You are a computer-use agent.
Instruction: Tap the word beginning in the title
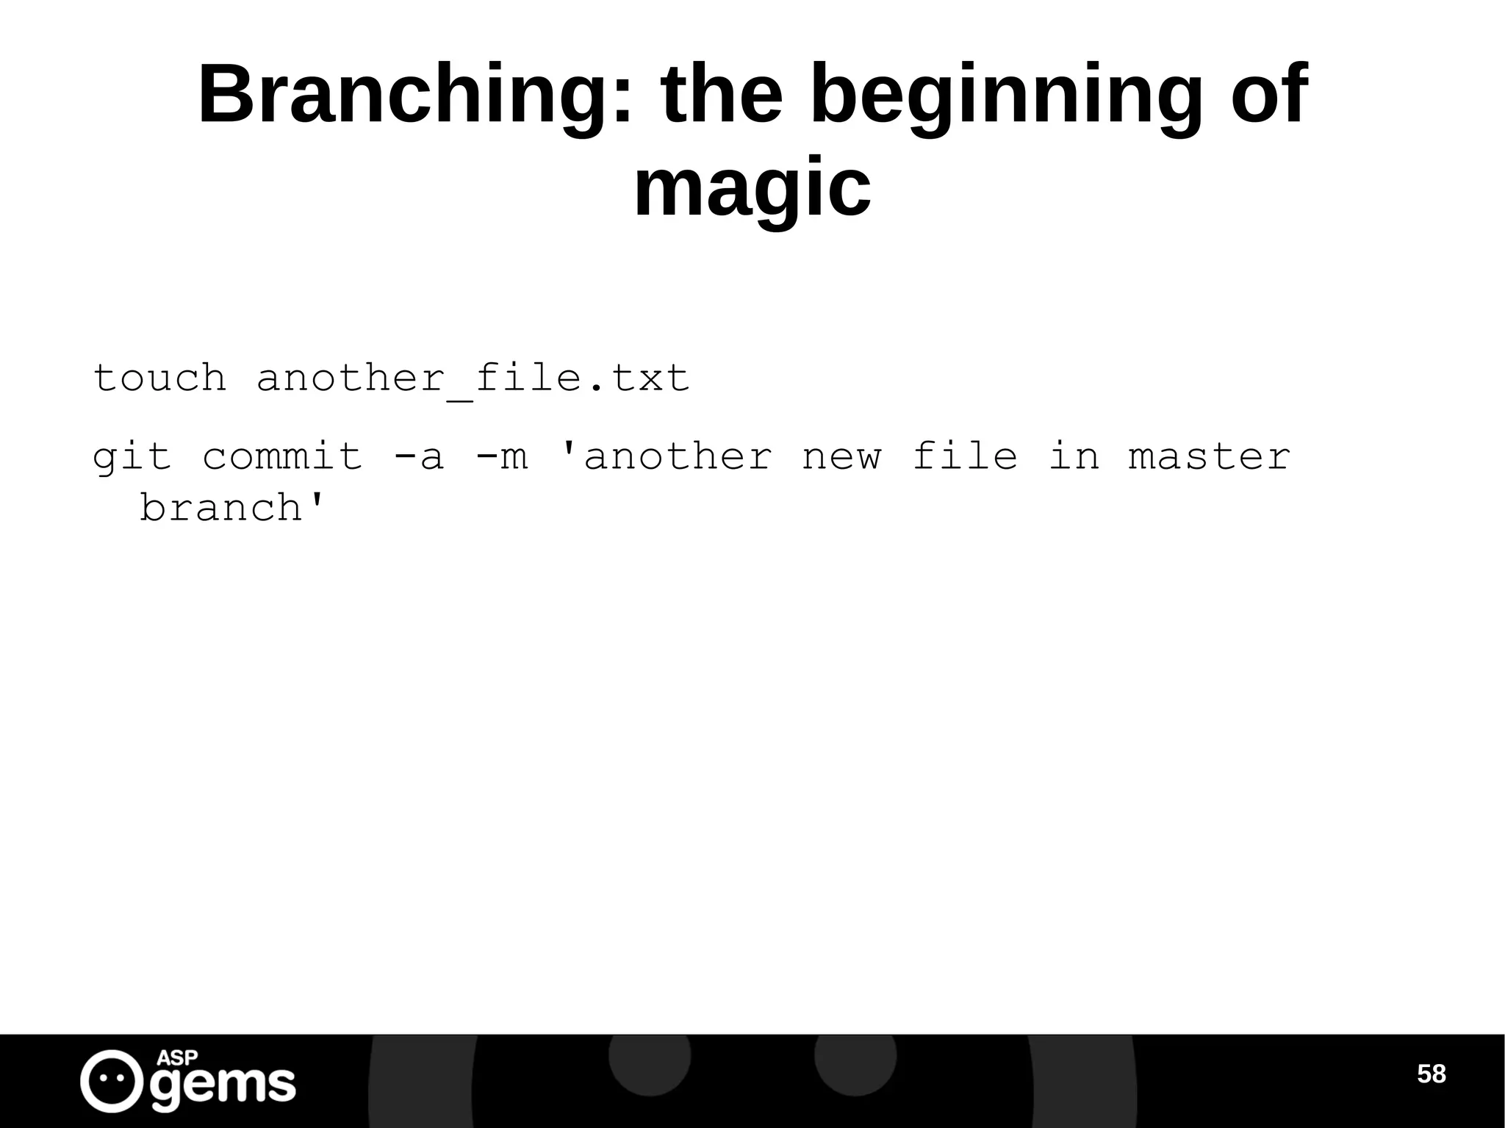coord(1006,96)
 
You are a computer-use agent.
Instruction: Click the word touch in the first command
coord(159,378)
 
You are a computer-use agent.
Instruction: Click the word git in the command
coord(132,457)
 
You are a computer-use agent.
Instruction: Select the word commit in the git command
coord(282,457)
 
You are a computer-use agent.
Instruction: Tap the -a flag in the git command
coord(419,457)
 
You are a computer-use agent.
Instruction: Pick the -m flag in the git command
coord(501,457)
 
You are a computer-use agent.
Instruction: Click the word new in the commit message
coord(841,457)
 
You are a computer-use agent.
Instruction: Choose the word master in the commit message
coord(1210,457)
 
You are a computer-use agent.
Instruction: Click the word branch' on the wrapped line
coord(232,509)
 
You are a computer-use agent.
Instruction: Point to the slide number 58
coord(1431,1074)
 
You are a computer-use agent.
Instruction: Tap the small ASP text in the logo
coord(177,1058)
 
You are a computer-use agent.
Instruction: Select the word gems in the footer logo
coord(223,1085)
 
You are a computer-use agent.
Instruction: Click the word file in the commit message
coord(965,457)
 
